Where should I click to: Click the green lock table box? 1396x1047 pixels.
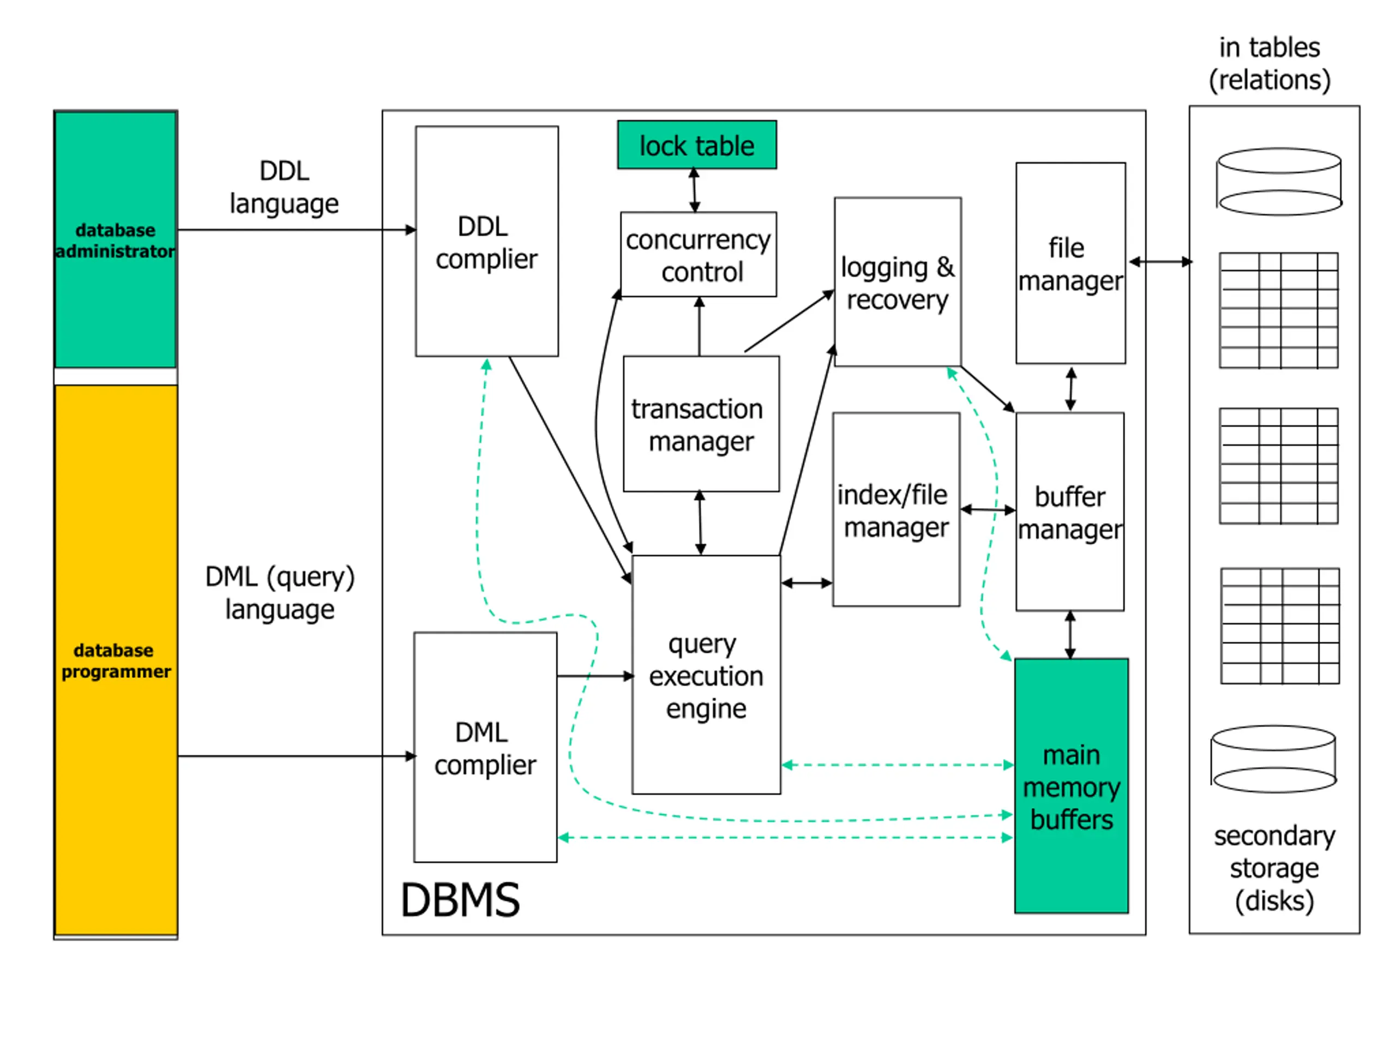(697, 145)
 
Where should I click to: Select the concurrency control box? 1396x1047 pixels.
(699, 254)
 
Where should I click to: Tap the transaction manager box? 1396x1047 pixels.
(701, 424)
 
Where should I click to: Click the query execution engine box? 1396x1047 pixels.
(706, 675)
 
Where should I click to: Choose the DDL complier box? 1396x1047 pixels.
(486, 242)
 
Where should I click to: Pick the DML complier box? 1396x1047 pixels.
(485, 747)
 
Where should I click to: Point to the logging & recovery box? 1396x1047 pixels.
(898, 282)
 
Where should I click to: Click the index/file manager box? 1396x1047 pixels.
(895, 510)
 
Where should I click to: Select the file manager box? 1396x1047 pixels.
(1070, 263)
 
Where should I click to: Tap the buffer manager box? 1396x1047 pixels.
(1070, 512)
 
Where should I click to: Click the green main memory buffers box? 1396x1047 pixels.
(1071, 786)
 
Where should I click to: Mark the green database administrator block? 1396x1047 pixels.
(115, 240)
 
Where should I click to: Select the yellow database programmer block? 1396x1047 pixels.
(116, 660)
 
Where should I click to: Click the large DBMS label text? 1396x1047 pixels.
(460, 900)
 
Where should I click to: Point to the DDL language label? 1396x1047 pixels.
(284, 187)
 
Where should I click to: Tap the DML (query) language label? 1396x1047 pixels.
(280, 593)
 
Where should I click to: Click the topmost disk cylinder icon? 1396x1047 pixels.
(1279, 182)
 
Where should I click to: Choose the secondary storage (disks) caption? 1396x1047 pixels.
(1274, 868)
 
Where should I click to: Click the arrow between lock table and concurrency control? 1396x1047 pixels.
(694, 190)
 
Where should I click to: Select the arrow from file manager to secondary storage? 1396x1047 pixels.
(1160, 261)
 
